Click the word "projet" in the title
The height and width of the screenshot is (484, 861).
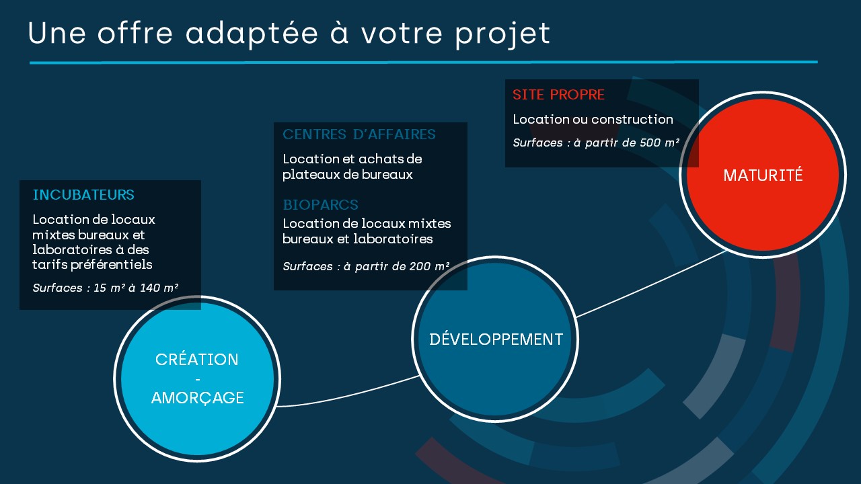502,34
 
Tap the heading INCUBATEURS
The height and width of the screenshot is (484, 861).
83,195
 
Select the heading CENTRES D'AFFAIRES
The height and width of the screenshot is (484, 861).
359,134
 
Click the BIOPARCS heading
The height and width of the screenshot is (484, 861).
321,205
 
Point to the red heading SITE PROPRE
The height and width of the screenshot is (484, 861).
558,95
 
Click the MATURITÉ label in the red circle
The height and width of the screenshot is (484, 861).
763,175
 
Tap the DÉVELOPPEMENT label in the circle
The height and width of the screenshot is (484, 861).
496,339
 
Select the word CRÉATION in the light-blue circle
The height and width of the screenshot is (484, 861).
197,359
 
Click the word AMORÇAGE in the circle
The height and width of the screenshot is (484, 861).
198,398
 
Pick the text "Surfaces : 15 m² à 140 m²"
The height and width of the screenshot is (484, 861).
106,288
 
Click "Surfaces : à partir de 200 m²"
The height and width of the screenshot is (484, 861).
366,266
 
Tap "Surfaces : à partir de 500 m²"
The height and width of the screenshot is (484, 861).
596,143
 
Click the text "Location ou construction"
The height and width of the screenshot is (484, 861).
593,120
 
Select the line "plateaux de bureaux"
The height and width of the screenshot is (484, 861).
348,175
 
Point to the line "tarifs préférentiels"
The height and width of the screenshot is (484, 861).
92,265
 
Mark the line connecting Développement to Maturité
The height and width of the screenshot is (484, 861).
652,284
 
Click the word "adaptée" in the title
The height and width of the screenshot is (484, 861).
252,34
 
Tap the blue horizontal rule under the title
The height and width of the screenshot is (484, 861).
424,63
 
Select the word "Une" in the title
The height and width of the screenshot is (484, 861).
57,34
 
